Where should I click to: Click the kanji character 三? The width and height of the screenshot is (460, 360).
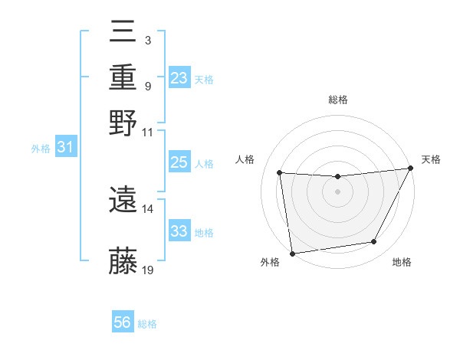click(x=123, y=32)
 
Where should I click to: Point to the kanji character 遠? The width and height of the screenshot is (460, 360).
click(x=123, y=198)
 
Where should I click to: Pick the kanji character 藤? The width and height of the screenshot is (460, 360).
click(x=123, y=260)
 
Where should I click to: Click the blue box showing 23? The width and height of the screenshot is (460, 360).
click(x=179, y=77)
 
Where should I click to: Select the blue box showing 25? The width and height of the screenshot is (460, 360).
click(x=179, y=162)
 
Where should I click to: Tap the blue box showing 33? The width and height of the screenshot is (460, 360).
click(x=179, y=231)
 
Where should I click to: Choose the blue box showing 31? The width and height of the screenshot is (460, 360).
click(x=65, y=148)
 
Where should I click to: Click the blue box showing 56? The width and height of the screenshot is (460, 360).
click(x=123, y=322)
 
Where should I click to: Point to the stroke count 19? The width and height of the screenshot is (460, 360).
click(x=148, y=270)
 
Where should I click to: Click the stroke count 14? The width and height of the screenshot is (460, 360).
click(x=148, y=208)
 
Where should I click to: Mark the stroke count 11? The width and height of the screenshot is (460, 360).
click(x=148, y=132)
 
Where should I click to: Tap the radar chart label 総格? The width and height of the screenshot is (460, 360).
click(x=338, y=100)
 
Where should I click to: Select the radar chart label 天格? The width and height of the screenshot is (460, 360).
click(x=431, y=159)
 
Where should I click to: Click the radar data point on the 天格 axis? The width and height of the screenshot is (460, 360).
click(x=412, y=169)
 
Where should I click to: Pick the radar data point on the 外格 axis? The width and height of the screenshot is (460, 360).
click(x=292, y=253)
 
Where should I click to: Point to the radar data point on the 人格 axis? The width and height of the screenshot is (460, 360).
click(x=280, y=173)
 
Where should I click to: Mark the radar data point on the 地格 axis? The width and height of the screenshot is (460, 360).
click(x=374, y=242)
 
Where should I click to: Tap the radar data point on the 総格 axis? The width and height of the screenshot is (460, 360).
click(x=338, y=177)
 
